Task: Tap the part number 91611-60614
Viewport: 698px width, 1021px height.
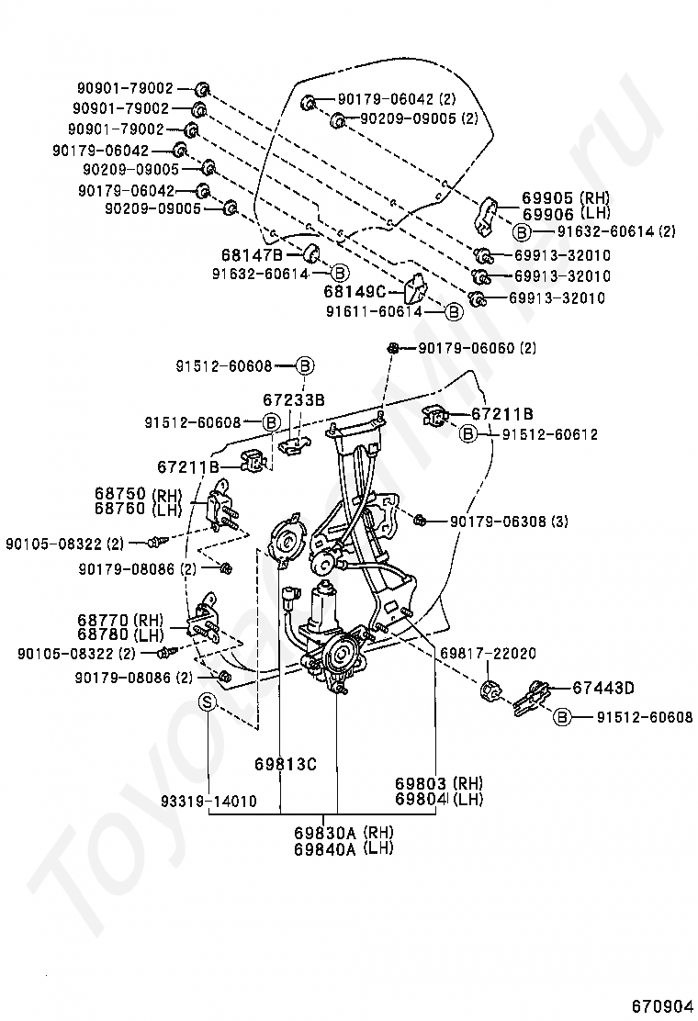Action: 373,312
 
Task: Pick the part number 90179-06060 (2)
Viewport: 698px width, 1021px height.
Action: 477,348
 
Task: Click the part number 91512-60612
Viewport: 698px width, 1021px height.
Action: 549,434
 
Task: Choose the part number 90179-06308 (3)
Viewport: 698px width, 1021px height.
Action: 509,522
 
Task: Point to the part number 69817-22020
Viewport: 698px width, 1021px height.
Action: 488,653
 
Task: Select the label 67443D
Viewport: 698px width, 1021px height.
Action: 603,687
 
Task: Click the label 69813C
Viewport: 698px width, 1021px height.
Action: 285,763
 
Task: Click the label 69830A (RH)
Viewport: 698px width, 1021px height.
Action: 343,833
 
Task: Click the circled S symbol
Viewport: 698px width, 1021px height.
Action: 208,702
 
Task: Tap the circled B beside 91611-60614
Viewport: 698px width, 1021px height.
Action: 453,312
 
